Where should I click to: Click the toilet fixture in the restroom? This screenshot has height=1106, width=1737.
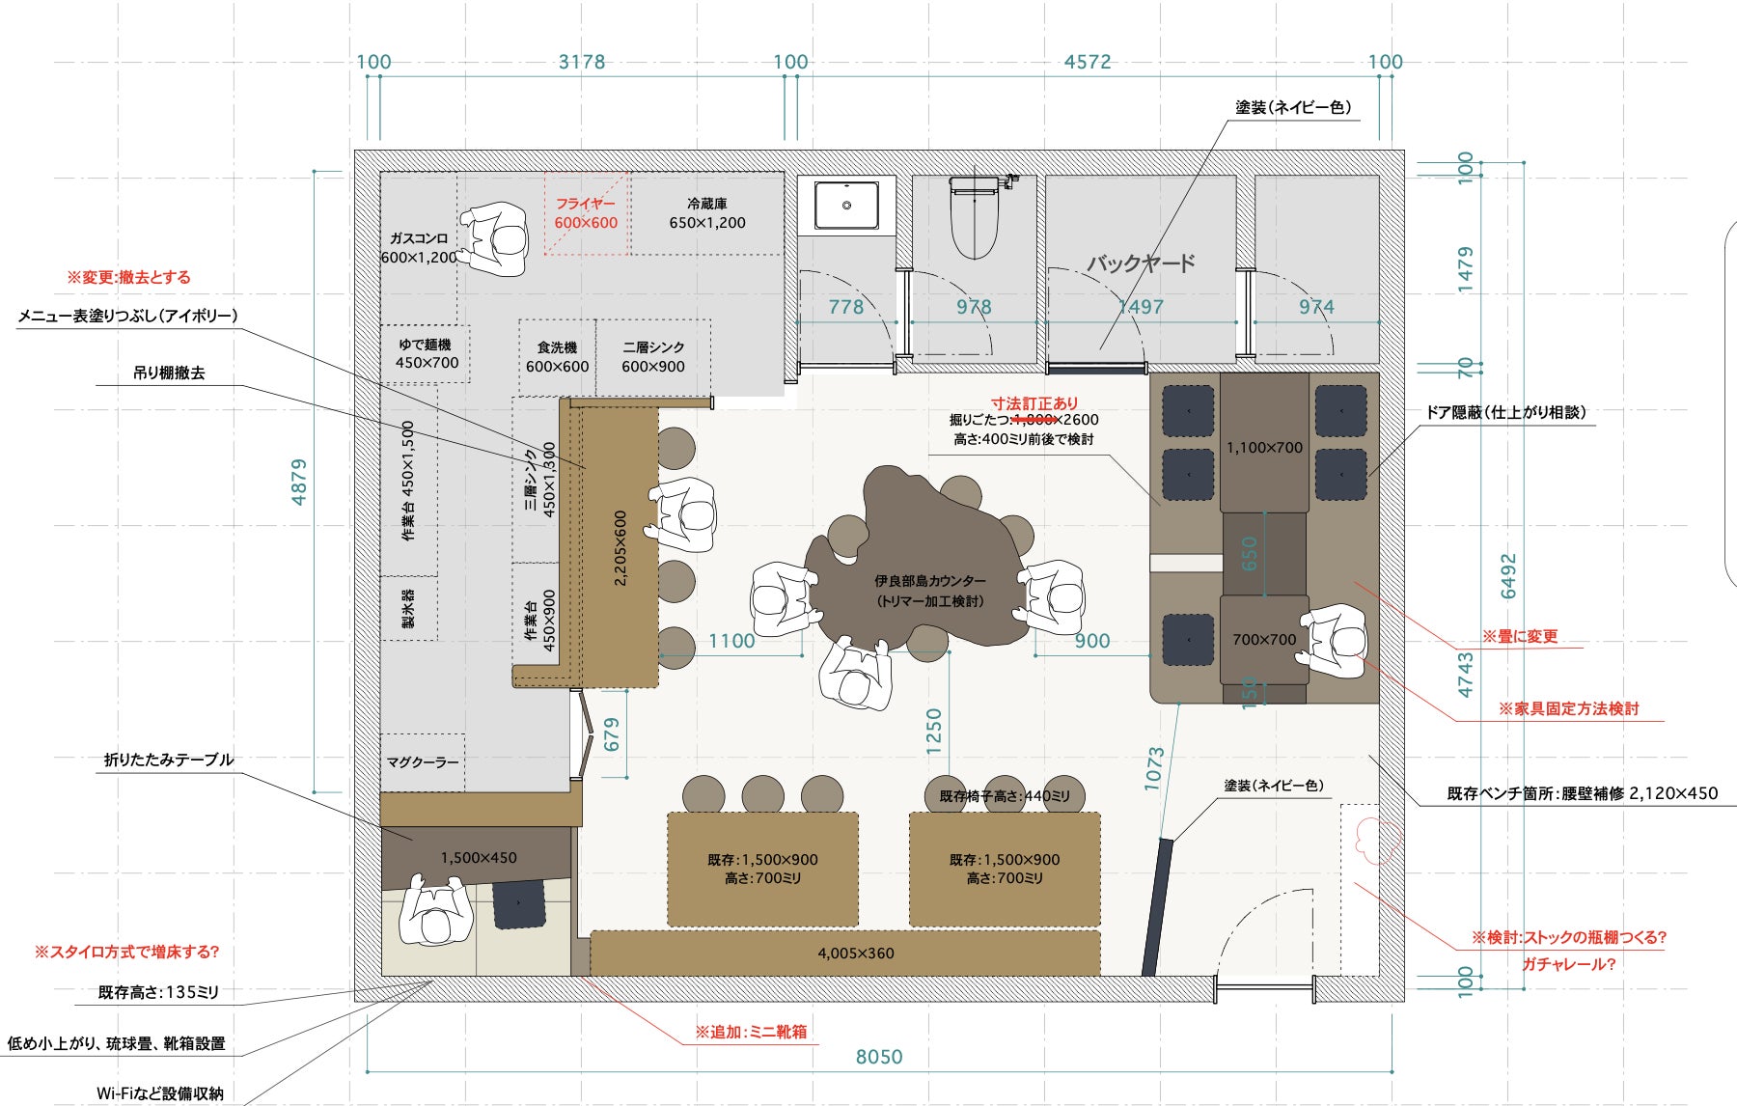coord(975,217)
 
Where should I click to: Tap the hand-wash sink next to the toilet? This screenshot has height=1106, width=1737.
coord(846,206)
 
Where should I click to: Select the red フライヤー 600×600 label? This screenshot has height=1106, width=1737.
coord(586,213)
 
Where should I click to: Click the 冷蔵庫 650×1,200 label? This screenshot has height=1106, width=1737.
coord(707,213)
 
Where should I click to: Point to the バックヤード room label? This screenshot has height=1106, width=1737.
coord(1142,263)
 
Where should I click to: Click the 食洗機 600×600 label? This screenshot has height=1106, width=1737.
coord(557,357)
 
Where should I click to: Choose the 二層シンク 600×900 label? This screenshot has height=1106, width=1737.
coord(653,357)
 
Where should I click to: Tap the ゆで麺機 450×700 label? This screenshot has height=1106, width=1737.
coord(427,353)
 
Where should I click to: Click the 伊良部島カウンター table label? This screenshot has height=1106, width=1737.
coord(930,591)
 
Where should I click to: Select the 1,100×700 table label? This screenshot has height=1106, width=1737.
coord(1264,448)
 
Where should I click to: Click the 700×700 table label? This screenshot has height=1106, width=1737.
coord(1264,639)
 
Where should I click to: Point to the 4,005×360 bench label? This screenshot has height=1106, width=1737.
coord(856,954)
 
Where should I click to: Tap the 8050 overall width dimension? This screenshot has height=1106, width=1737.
coord(879,1057)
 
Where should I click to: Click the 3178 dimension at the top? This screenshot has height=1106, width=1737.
coord(582,62)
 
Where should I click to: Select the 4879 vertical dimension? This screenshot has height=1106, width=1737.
coord(299,482)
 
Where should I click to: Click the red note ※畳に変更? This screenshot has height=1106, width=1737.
coord(1520,637)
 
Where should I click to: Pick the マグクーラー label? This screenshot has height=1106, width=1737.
coord(423,762)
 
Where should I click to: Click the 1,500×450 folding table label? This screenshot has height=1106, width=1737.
coord(479,858)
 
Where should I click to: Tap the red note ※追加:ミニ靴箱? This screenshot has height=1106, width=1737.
coord(751,1032)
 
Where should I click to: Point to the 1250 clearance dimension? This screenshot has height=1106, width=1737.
coord(933,732)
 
